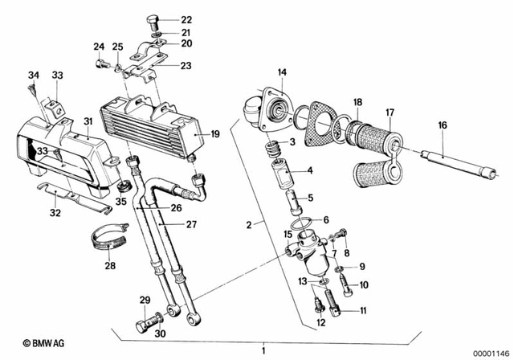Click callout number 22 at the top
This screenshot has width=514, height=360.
(186, 19)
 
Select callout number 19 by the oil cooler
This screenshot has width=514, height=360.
(214, 133)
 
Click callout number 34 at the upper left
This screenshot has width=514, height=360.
(33, 76)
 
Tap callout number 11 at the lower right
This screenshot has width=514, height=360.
(363, 310)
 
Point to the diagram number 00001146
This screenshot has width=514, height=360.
(490, 351)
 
